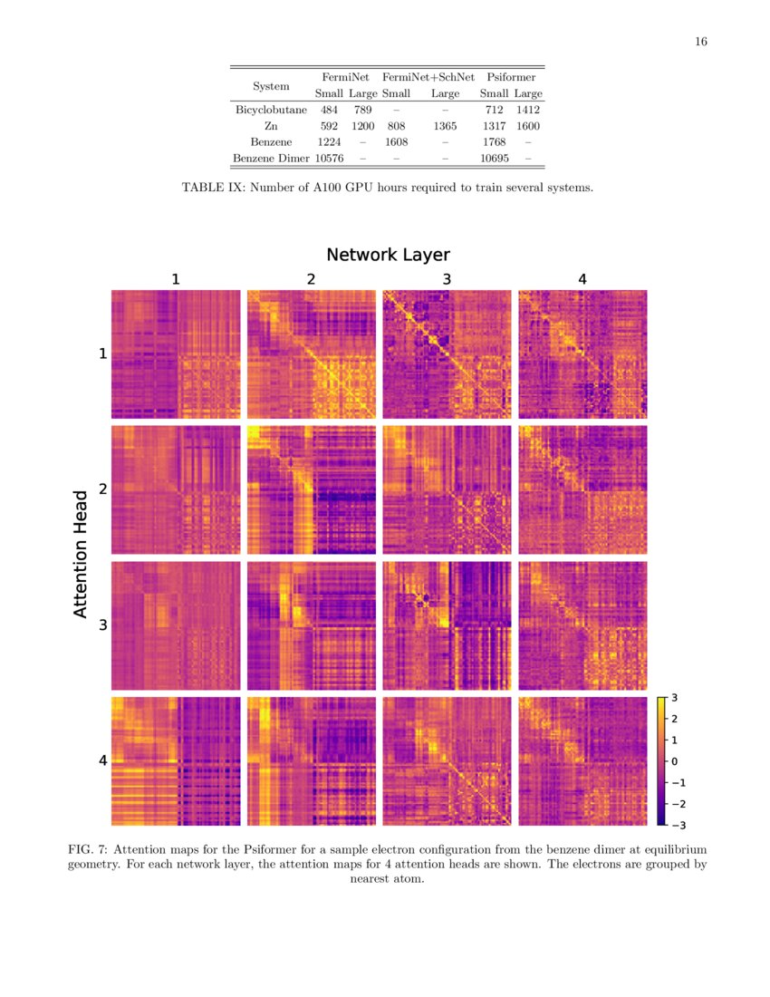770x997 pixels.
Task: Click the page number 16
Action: [701, 42]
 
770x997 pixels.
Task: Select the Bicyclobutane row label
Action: [271, 111]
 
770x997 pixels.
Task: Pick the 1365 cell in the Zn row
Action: [445, 127]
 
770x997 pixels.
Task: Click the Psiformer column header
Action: [511, 78]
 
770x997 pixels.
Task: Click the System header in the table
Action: [271, 86]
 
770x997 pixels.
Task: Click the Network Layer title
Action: [388, 255]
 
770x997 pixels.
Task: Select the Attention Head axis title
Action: [81, 554]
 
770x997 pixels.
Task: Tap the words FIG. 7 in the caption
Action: [88, 849]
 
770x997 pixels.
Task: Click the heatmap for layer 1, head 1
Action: [176, 354]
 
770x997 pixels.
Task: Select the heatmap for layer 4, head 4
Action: [582, 761]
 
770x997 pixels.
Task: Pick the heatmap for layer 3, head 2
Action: [447, 489]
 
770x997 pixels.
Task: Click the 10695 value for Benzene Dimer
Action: [494, 159]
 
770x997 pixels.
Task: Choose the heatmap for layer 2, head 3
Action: [311, 625]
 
